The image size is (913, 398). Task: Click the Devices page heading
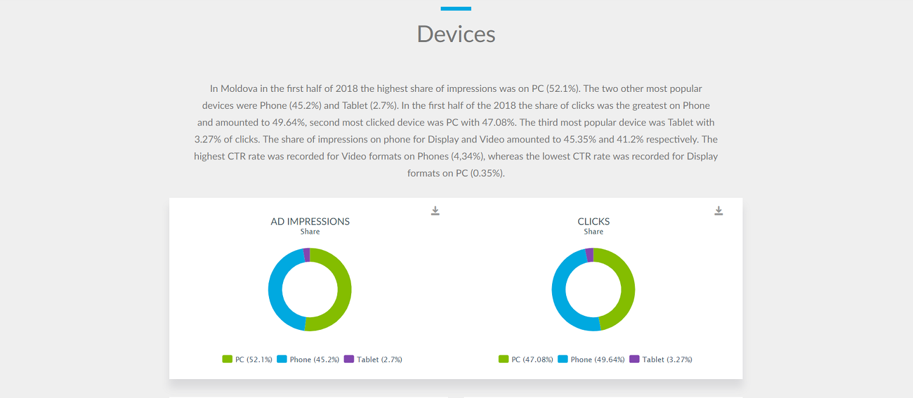(456, 34)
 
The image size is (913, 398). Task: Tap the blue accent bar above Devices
(456, 9)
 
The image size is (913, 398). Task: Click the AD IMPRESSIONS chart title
(310, 222)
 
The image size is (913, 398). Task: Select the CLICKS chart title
(593, 222)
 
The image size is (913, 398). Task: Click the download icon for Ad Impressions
(435, 211)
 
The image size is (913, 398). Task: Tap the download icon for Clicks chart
(719, 211)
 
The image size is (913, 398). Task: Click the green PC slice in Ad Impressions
(344, 289)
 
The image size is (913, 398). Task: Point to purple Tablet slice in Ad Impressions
(307, 255)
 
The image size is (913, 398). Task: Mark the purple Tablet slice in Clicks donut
(589, 255)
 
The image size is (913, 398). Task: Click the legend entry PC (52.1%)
(248, 360)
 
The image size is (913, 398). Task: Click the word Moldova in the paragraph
(239, 89)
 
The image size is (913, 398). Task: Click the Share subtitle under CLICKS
(593, 232)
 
